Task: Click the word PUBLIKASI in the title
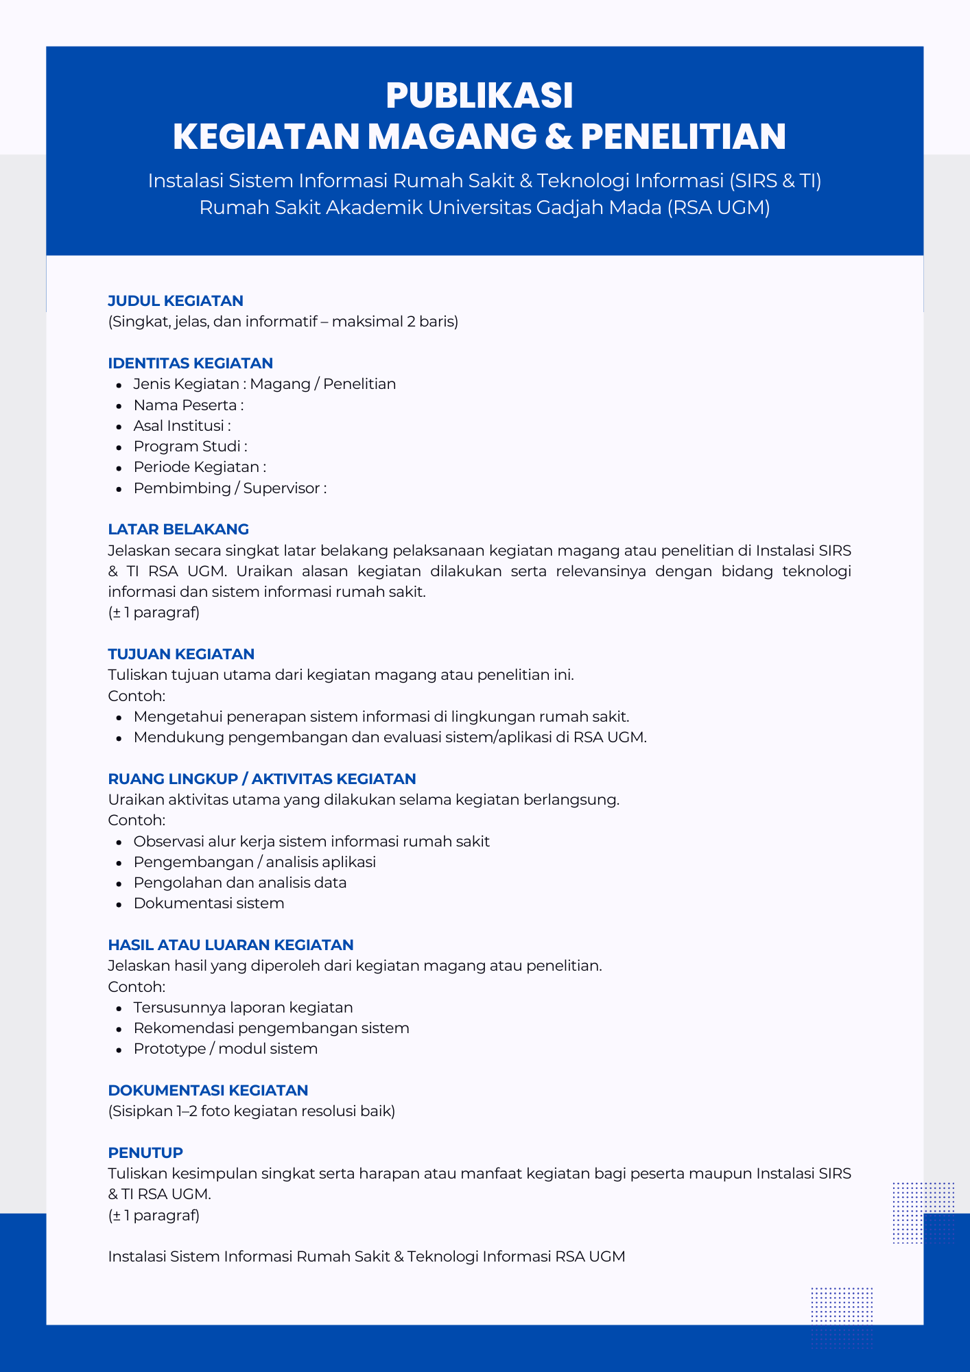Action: pyautogui.click(x=479, y=96)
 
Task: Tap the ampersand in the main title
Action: pyautogui.click(x=558, y=137)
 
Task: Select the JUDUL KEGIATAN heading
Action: pyautogui.click(x=176, y=300)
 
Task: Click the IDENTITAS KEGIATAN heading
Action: pyautogui.click(x=190, y=363)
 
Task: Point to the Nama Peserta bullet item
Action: pyautogui.click(x=188, y=405)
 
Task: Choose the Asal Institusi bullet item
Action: pyautogui.click(x=182, y=425)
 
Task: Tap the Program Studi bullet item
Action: pyautogui.click(x=190, y=446)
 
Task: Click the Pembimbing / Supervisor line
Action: pyautogui.click(x=230, y=488)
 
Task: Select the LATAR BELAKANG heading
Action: pyautogui.click(x=178, y=529)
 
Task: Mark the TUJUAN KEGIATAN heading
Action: pyautogui.click(x=181, y=654)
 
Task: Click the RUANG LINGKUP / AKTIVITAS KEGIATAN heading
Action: pyautogui.click(x=262, y=779)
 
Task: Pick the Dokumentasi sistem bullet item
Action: pyautogui.click(x=209, y=903)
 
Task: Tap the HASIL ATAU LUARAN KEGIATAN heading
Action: pyautogui.click(x=230, y=945)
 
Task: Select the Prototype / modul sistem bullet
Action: pyautogui.click(x=225, y=1048)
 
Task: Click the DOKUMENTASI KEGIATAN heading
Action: pyautogui.click(x=208, y=1090)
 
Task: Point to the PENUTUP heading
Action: pyautogui.click(x=145, y=1152)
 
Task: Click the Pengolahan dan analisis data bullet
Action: pyautogui.click(x=239, y=882)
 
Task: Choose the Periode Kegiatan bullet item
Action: pyautogui.click(x=199, y=466)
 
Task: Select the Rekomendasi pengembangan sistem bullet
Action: pyautogui.click(x=271, y=1028)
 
